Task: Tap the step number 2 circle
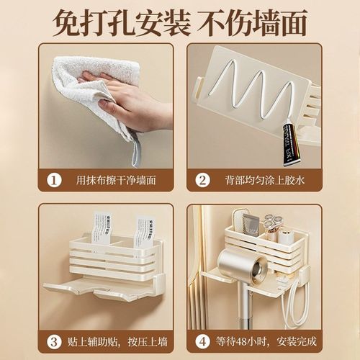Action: [x=202, y=180]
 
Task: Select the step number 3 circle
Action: [x=55, y=341]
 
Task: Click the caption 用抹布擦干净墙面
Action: [x=116, y=180]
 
